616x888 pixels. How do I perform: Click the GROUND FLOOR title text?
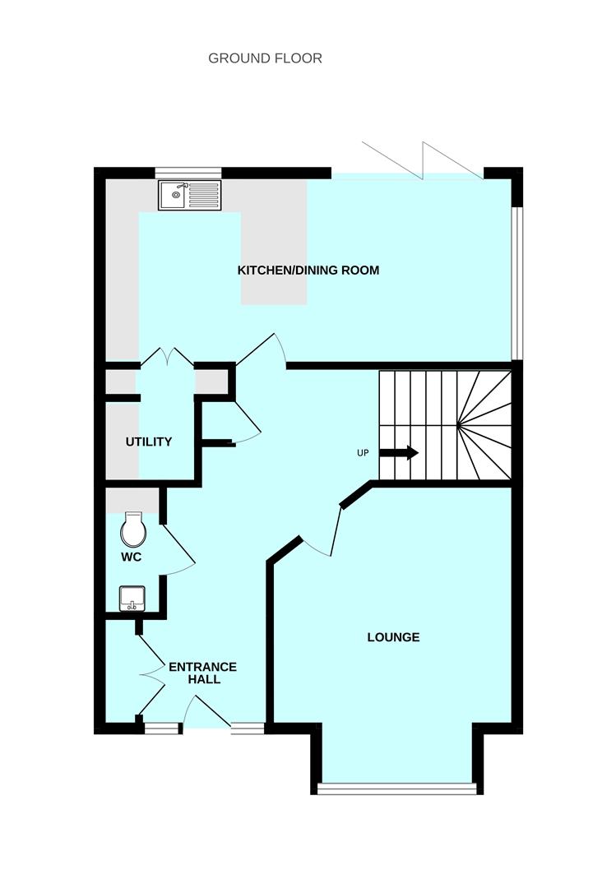(265, 58)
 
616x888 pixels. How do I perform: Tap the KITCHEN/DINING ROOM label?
(308, 271)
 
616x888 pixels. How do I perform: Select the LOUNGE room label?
(393, 637)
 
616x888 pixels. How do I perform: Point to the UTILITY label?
(149, 442)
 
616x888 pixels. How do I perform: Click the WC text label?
(132, 557)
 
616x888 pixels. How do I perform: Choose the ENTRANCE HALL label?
(202, 673)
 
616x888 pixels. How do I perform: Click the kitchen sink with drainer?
(190, 195)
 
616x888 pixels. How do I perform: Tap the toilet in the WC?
(133, 530)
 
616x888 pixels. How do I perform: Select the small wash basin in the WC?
(132, 598)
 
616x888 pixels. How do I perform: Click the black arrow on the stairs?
(401, 453)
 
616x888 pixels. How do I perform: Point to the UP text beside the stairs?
(363, 454)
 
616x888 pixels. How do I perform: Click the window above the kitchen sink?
(188, 173)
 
